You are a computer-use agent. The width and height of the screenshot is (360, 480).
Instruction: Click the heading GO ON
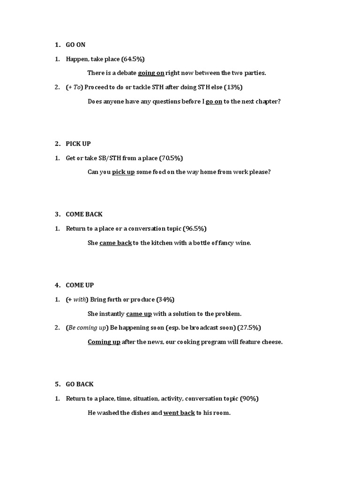click(75, 45)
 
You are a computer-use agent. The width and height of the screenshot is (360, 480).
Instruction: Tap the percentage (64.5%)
click(133, 59)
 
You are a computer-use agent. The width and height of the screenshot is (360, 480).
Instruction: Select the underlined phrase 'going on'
click(151, 73)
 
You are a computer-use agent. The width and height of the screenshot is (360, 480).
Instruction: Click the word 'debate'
click(125, 73)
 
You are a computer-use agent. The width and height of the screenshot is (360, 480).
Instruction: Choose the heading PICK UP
click(78, 143)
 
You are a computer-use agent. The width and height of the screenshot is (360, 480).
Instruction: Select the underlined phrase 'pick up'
click(123, 172)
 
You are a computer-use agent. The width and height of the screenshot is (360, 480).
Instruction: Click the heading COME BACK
click(84, 214)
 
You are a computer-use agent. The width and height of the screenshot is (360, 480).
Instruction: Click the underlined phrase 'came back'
click(115, 243)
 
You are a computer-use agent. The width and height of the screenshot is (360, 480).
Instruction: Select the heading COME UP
click(80, 285)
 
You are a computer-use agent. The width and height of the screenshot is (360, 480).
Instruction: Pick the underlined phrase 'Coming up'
click(104, 342)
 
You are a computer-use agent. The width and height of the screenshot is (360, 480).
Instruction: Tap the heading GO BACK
click(80, 384)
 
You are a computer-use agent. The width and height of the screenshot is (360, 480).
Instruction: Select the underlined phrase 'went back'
click(179, 413)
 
